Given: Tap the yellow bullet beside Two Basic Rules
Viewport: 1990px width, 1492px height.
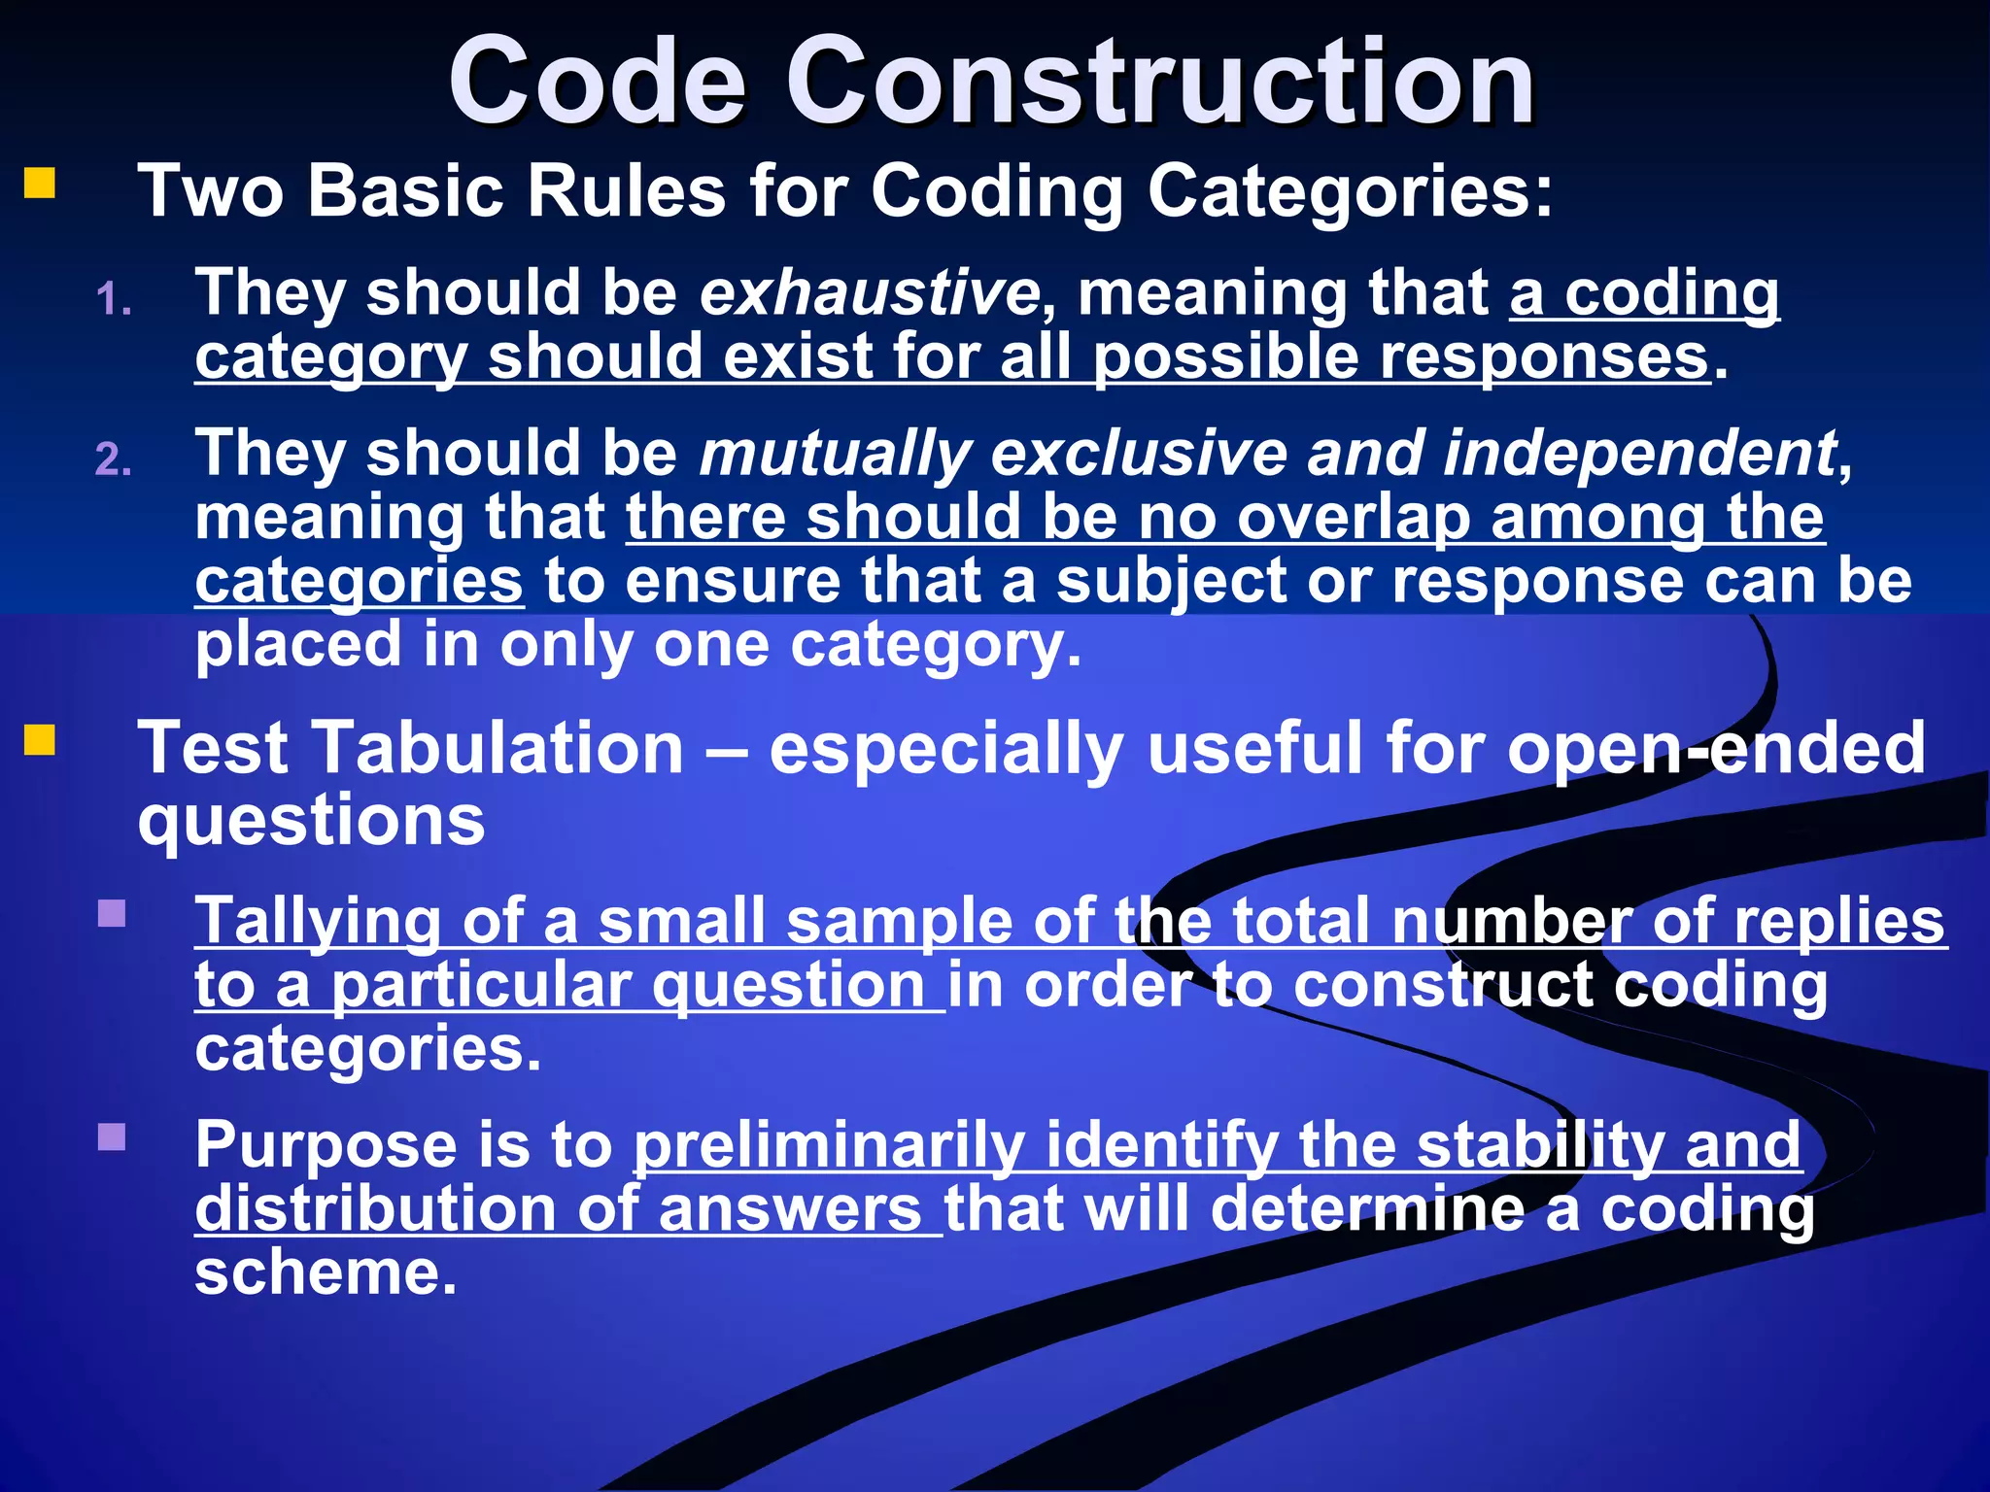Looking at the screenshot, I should [40, 183].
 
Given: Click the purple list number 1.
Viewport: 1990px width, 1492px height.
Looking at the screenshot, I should [113, 299].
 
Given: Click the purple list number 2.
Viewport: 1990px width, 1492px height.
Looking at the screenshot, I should [113, 459].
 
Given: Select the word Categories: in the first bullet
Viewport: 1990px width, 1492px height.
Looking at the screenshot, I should [1350, 190].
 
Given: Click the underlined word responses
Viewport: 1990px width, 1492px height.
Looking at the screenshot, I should [1545, 357].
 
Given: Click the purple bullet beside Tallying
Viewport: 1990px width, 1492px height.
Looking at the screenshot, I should [113, 913].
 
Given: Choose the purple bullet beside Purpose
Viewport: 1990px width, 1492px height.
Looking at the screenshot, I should [113, 1136].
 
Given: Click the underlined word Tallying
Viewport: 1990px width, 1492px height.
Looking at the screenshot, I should [318, 922].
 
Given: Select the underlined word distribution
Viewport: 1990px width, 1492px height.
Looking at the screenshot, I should [375, 1209].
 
